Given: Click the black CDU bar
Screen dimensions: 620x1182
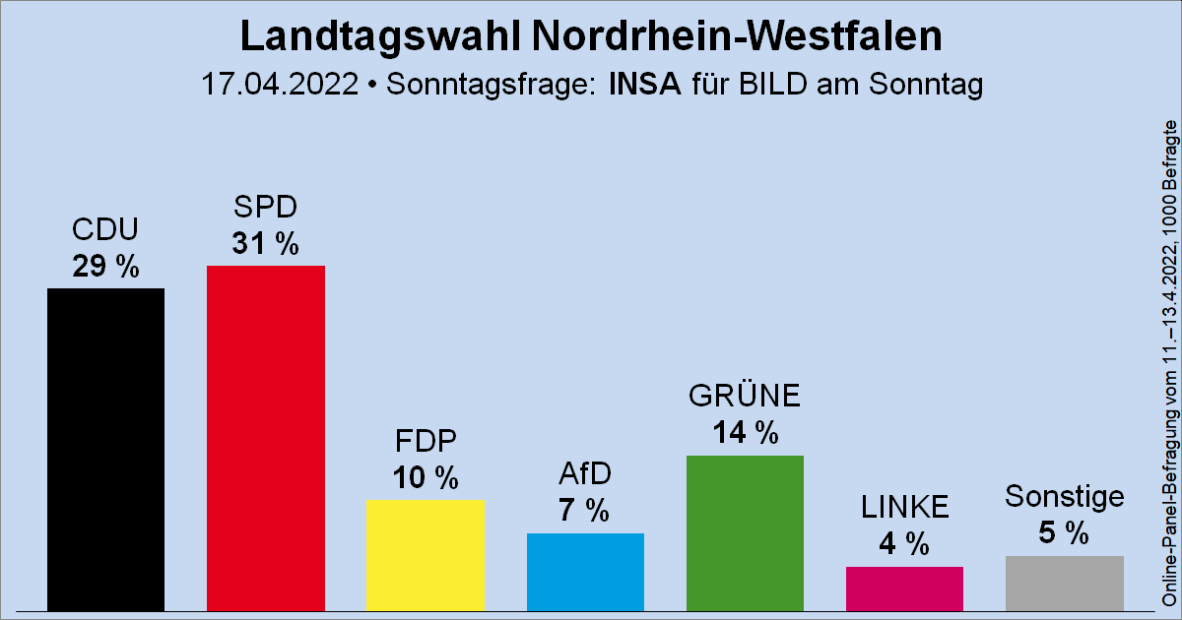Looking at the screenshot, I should (x=105, y=449).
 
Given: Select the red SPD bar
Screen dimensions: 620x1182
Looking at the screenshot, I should (x=265, y=438).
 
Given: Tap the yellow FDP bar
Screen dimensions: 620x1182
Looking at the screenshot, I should (x=425, y=554).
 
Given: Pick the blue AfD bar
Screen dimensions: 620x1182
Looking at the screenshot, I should (x=585, y=571).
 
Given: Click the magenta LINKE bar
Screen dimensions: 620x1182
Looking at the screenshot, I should (x=904, y=588).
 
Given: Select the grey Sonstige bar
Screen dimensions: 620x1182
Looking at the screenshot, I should (x=1064, y=583).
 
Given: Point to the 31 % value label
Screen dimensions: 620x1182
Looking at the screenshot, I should (x=265, y=243).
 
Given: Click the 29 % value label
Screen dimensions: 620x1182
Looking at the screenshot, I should (x=105, y=266).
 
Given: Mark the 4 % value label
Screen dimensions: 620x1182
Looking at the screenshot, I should (x=904, y=543).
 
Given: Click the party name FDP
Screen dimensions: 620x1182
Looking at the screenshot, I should (x=425, y=439).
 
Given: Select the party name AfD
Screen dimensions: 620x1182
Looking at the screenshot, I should (x=585, y=473).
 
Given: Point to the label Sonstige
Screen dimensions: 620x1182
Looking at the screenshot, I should (x=1064, y=496).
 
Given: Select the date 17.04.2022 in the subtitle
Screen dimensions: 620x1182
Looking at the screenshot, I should (x=278, y=84).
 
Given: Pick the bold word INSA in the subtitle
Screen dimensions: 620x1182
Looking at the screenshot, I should (x=645, y=84).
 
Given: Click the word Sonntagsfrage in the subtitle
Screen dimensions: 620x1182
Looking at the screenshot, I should (x=491, y=84).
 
